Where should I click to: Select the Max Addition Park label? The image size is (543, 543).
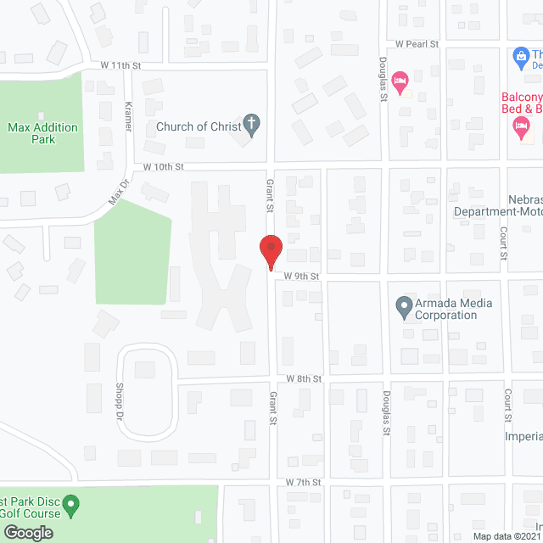coord(42,133)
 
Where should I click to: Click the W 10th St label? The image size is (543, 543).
coord(164,167)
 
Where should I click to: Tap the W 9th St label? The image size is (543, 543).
coord(301,276)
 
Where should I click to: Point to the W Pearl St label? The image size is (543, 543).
coord(416,43)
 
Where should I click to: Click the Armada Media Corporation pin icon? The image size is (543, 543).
coord(404,305)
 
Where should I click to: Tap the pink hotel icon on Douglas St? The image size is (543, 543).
coord(400,82)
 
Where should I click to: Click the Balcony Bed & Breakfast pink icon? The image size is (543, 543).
coord(521,129)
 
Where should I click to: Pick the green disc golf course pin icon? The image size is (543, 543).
coord(71,507)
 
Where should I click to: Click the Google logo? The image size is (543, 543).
coord(27,532)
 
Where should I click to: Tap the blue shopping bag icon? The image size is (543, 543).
coord(522,58)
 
